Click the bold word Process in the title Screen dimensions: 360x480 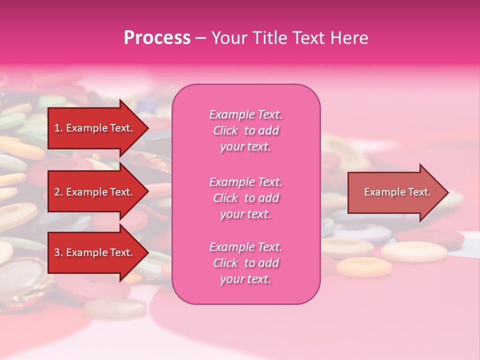(x=157, y=38)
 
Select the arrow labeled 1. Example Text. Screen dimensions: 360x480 (x=95, y=128)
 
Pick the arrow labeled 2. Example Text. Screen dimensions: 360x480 (x=95, y=192)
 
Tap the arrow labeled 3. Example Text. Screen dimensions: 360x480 (x=95, y=252)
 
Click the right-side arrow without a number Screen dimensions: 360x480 (x=395, y=192)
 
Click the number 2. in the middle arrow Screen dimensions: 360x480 (x=58, y=192)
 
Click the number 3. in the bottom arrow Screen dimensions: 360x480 (x=58, y=252)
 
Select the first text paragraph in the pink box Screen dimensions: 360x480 (x=245, y=130)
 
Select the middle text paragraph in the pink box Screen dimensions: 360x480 (x=245, y=198)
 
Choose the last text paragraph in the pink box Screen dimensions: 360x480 (x=245, y=263)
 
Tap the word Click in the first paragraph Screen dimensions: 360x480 (x=225, y=130)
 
